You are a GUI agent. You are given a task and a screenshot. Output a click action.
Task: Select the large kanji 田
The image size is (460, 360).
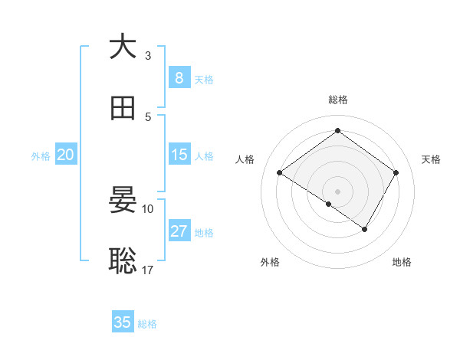(123, 109)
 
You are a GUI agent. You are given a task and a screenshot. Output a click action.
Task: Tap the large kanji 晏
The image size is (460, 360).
(123, 200)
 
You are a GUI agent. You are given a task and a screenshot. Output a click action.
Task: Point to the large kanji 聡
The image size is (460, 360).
(123, 261)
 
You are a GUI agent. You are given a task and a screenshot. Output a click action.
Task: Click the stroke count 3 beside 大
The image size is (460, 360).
(148, 55)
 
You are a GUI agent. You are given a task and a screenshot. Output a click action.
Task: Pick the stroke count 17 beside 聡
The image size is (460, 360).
(148, 270)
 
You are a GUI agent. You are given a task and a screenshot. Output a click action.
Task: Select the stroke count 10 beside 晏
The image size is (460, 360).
(148, 208)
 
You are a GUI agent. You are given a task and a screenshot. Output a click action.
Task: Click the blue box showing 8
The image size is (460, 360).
(179, 78)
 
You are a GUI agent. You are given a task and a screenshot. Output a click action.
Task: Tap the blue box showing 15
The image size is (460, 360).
(179, 155)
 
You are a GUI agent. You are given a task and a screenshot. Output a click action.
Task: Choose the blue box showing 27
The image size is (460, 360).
(179, 231)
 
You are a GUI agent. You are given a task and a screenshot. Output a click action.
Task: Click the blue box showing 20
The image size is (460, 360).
(66, 155)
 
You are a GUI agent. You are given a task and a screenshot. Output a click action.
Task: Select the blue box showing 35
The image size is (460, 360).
(123, 322)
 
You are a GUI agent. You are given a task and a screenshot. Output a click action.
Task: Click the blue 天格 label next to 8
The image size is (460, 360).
(204, 79)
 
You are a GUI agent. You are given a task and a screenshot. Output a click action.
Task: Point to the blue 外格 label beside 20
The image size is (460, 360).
(41, 155)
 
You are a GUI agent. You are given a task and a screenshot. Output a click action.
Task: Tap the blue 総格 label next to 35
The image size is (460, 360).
(148, 323)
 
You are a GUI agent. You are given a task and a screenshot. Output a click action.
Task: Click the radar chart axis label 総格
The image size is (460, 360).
(338, 100)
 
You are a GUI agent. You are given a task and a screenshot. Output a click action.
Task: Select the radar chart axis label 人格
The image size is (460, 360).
(245, 159)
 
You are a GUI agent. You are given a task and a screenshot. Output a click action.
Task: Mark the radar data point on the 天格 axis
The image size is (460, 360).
(396, 173)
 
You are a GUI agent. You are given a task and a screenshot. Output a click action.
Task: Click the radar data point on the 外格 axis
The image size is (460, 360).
(328, 205)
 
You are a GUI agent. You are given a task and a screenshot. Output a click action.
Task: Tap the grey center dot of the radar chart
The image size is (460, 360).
(338, 191)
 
